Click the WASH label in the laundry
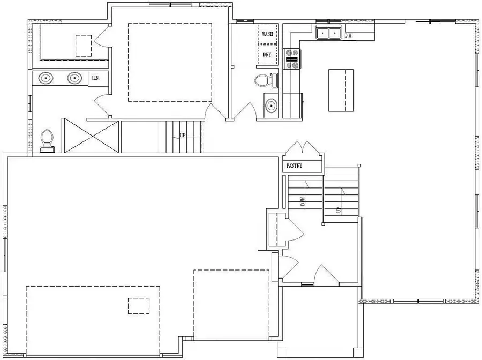267,34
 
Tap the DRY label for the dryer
267,54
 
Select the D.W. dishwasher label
348,36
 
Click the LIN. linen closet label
96,78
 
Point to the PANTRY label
295,166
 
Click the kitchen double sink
328,33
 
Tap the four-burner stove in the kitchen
292,59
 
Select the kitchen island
341,90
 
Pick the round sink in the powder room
272,105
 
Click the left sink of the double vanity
46,79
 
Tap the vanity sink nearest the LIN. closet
75,79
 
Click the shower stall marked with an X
91,136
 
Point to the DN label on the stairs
303,201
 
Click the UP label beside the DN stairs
338,210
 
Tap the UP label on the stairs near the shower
183,136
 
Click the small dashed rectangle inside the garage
139,305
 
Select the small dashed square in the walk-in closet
84,46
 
